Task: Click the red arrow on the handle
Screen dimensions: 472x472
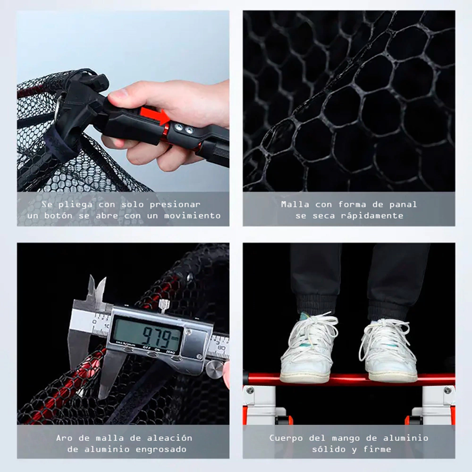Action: (155, 116)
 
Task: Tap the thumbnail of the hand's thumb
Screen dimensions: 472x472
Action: (116, 94)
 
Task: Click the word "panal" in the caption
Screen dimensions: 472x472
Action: (403, 205)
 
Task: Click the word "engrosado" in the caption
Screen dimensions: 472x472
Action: (161, 450)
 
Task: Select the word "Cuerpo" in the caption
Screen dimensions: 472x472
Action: (286, 438)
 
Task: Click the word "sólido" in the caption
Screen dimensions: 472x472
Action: (329, 449)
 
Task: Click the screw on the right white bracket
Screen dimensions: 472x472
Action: (448, 390)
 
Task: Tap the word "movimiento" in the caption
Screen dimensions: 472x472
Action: (193, 216)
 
